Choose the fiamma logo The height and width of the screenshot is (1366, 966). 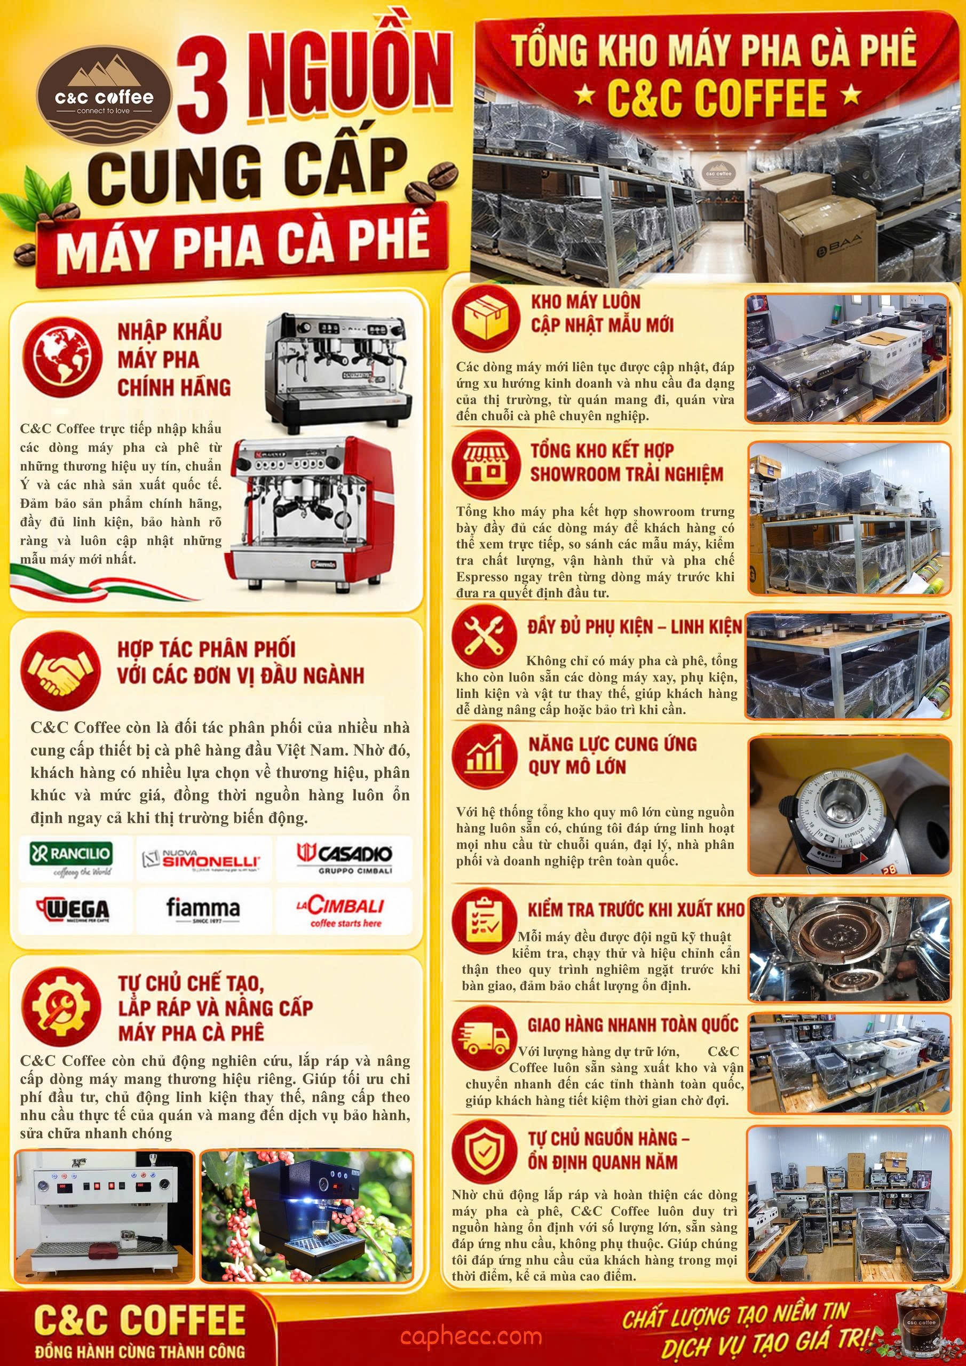click(203, 911)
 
